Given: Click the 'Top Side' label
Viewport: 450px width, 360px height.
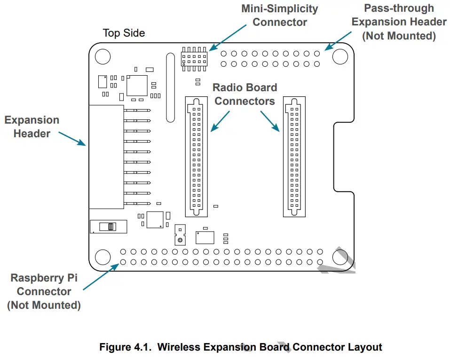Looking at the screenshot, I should (x=124, y=33).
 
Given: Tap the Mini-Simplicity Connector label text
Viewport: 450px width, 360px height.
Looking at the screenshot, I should (x=279, y=15).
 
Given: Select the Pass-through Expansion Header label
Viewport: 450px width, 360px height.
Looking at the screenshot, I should (x=399, y=22).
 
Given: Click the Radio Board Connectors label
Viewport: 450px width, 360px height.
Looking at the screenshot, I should (x=245, y=94).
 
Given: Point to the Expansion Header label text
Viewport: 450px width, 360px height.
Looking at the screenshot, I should (x=32, y=127).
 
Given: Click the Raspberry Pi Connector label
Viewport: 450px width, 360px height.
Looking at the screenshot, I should (x=44, y=291).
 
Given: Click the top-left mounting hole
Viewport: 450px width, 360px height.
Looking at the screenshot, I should (x=102, y=56).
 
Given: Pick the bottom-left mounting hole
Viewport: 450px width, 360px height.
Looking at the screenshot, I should (x=102, y=257).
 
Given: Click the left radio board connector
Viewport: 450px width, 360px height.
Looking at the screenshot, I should (x=196, y=157).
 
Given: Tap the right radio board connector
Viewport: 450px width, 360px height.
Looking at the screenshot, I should (x=294, y=157).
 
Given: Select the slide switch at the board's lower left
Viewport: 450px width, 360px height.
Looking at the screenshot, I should (x=109, y=227).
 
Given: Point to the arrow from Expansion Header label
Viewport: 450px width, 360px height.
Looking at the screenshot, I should (x=72, y=139).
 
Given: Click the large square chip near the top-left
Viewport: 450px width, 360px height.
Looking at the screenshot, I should (x=137, y=85).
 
